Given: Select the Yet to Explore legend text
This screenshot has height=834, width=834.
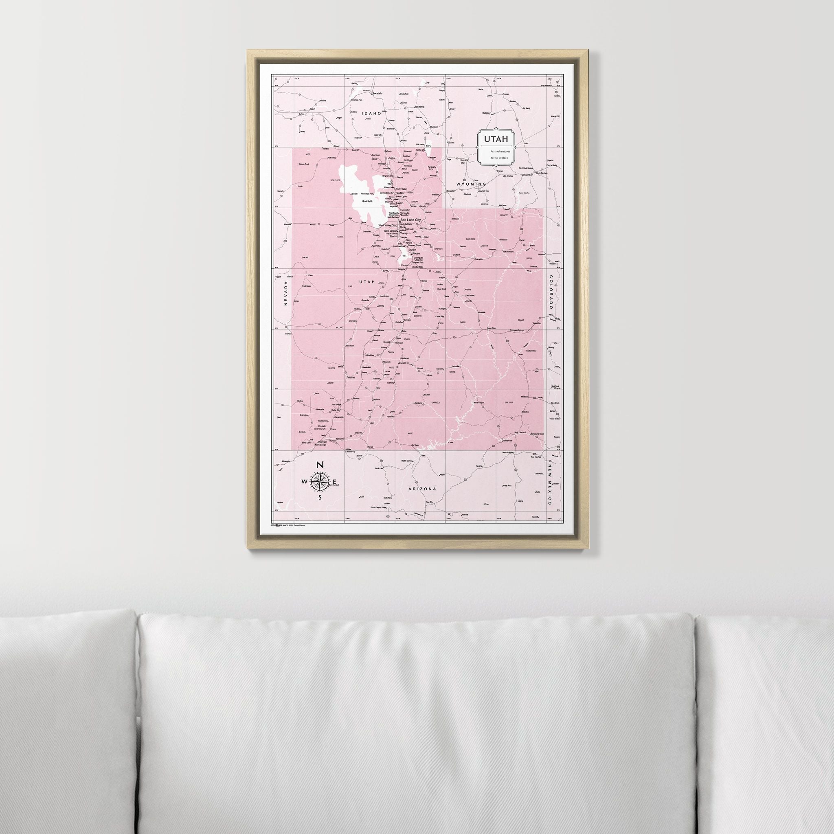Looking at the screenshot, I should [499, 158].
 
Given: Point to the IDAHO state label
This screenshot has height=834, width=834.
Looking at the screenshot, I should [372, 114].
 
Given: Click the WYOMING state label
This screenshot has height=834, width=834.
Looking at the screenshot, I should [472, 184].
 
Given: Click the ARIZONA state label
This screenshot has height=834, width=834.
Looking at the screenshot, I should [422, 489].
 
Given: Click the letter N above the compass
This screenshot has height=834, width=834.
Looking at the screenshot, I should [320, 465].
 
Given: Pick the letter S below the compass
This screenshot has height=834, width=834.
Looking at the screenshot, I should [320, 497].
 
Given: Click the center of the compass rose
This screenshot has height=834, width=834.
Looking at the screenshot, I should [320, 482].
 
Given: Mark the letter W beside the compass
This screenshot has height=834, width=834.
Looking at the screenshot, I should [305, 482].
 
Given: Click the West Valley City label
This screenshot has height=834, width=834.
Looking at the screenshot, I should [387, 226].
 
